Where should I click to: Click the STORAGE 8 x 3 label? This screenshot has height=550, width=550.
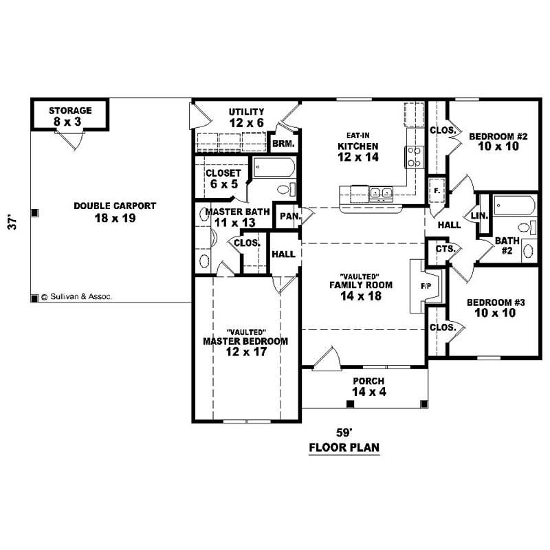69,115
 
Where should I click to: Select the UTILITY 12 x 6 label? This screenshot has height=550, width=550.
246,117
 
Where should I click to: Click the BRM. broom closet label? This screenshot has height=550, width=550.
283,144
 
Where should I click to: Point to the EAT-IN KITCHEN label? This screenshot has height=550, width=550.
357,146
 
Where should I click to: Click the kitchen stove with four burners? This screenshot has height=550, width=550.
415,157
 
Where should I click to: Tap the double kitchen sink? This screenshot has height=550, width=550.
379,192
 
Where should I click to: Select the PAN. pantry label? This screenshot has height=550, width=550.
287,217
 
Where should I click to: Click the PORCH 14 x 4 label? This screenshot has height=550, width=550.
368,386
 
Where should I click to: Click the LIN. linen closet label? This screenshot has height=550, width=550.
479,216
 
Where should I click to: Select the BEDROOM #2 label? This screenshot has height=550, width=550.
498,142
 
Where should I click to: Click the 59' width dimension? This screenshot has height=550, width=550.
344,433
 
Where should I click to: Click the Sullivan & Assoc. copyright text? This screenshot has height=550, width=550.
76,297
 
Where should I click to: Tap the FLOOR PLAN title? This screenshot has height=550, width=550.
344,448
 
